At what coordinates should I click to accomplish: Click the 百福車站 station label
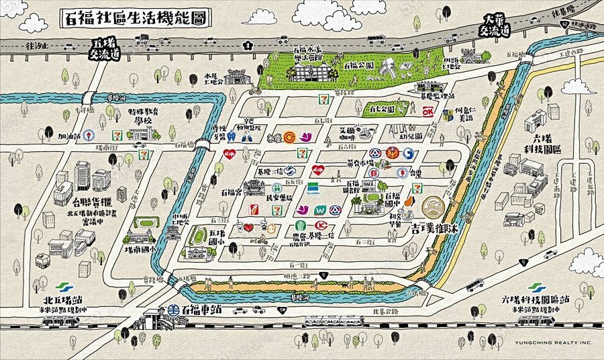pos(201,310)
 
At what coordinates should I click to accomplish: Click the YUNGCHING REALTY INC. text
pos(554,343)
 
